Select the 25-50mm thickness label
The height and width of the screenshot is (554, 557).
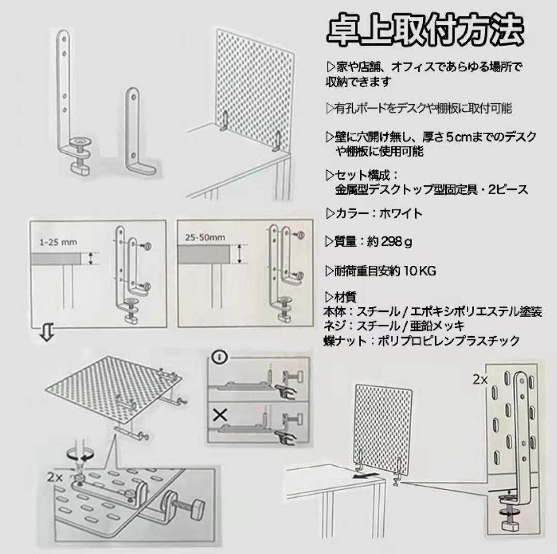click(x=204, y=238)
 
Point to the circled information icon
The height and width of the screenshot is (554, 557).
click(x=220, y=356)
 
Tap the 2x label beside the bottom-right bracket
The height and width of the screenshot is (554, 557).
click(x=481, y=379)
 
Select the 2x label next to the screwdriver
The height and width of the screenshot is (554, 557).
click(x=55, y=478)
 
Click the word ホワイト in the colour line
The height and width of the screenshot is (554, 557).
click(x=401, y=213)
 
